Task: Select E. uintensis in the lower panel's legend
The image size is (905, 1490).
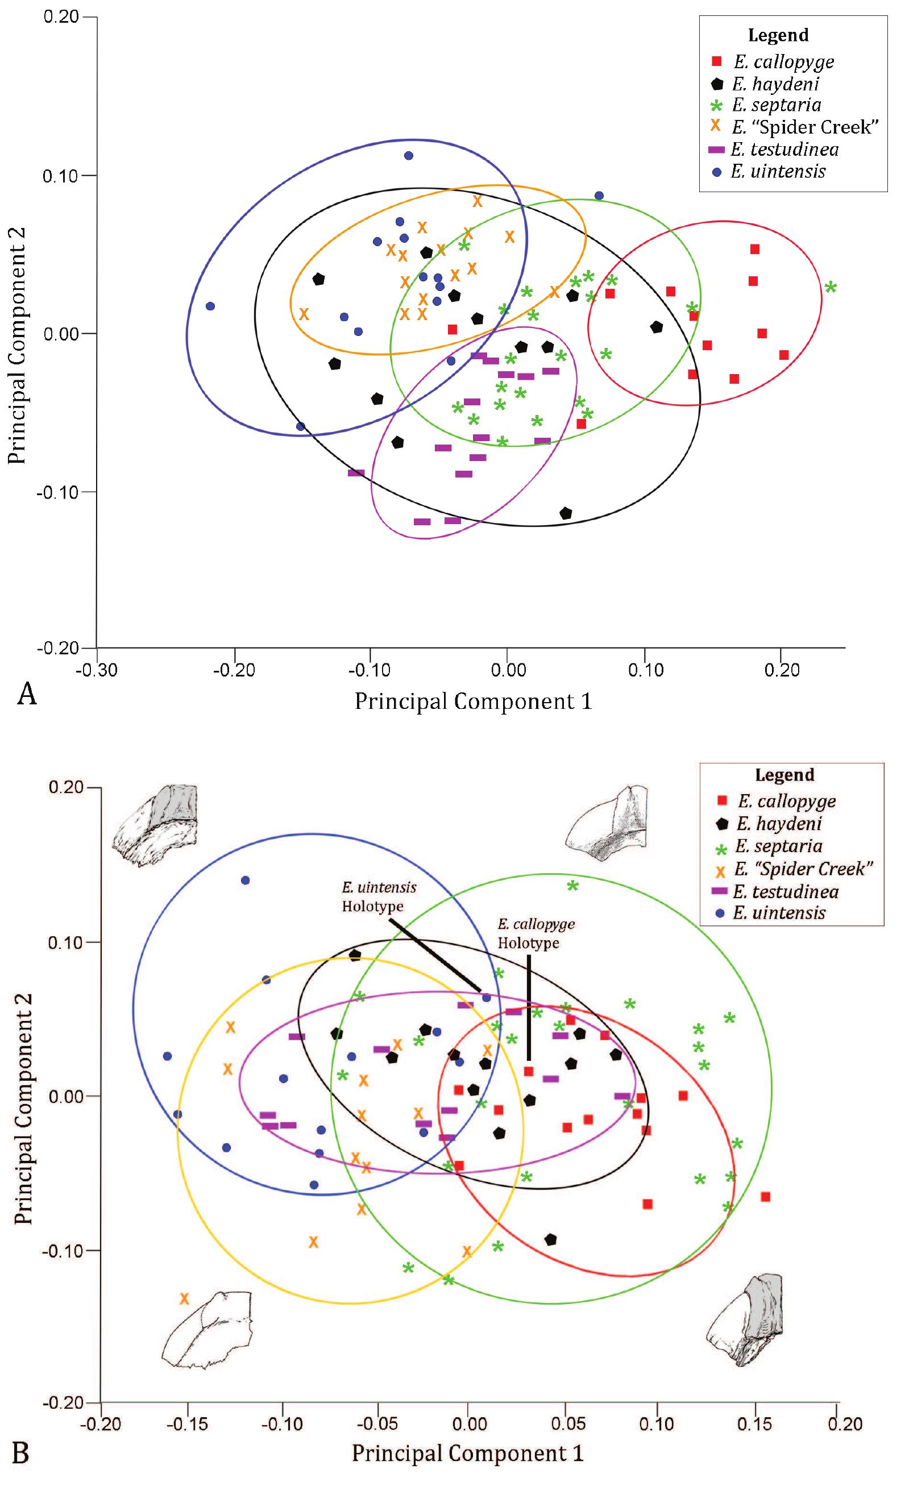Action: click(779, 912)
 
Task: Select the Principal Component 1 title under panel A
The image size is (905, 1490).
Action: click(473, 702)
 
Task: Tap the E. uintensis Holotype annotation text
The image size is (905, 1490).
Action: click(379, 897)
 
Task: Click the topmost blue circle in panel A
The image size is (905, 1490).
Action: click(409, 155)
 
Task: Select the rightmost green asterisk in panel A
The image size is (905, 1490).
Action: click(831, 287)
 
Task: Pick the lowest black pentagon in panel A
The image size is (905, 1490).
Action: click(566, 513)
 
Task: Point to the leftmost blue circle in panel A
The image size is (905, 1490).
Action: click(210, 306)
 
